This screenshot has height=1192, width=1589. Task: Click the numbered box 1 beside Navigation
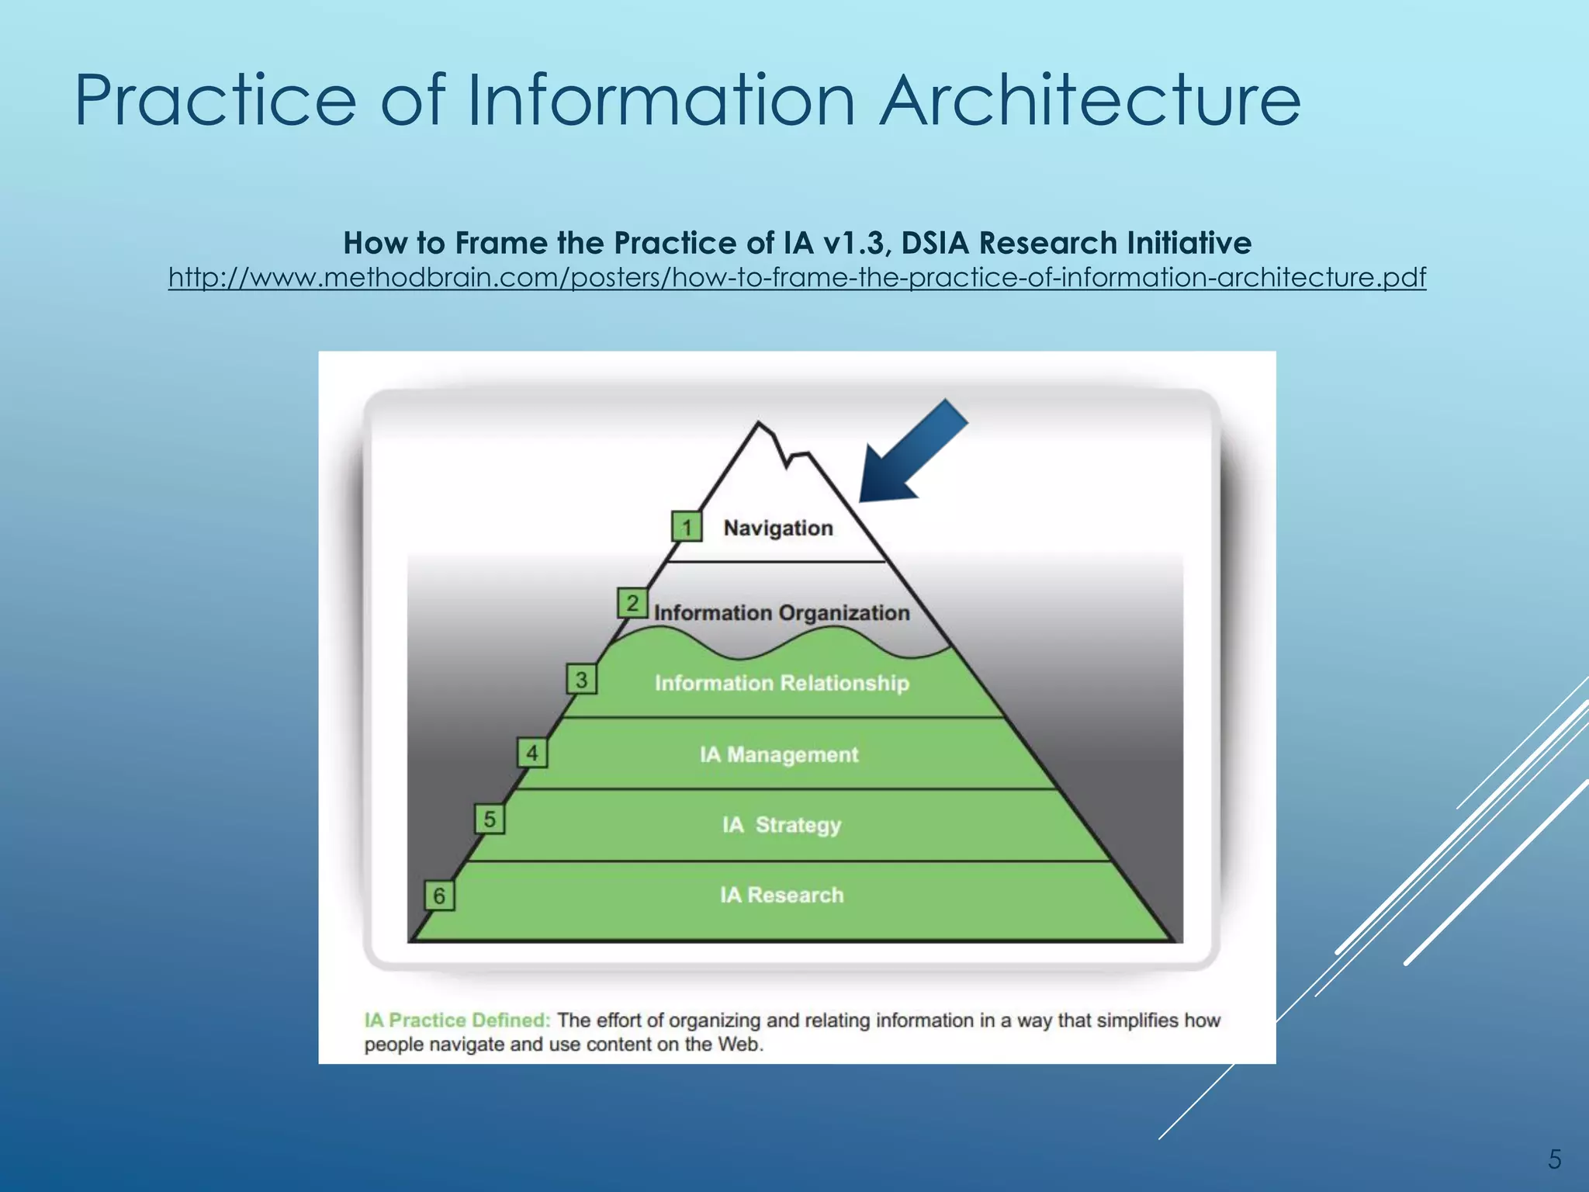[687, 527]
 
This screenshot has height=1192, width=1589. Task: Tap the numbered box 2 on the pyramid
[632, 603]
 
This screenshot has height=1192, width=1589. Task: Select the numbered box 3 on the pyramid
[581, 680]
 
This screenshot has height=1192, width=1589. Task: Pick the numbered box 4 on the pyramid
[532, 753]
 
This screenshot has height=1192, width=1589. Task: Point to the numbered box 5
[490, 819]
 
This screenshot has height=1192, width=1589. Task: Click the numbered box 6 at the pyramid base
[439, 896]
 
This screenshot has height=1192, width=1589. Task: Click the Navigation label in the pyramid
[778, 528]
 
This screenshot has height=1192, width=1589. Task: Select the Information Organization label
[781, 612]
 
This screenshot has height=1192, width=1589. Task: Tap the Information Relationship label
[781, 683]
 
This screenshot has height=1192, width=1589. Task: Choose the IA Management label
[779, 754]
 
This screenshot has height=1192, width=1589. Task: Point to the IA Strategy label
[781, 824]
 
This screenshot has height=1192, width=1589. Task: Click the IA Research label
[781, 895]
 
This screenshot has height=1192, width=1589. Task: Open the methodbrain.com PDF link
[797, 277]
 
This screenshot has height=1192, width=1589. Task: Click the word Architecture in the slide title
[1089, 101]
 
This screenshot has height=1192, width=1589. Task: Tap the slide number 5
[1554, 1159]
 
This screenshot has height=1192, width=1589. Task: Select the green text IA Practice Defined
[457, 1020]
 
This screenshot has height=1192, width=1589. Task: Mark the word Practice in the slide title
[215, 101]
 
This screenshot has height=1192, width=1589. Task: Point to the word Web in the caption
[739, 1044]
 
